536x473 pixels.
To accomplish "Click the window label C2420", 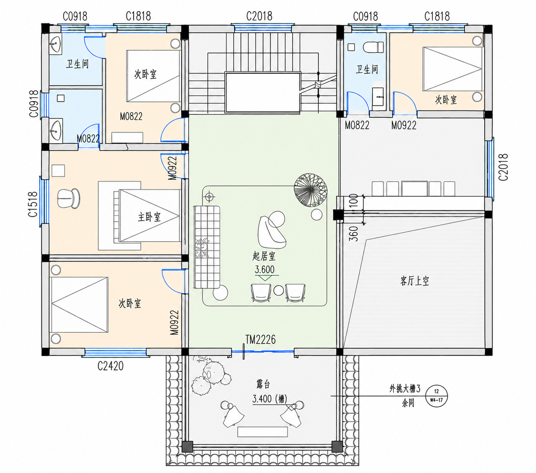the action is pyautogui.click(x=110, y=366).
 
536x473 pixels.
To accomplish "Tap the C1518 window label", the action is pyautogui.click(x=33, y=204).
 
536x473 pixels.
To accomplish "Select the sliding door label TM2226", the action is pyautogui.click(x=260, y=340).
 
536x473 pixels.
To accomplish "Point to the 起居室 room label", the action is pyautogui.click(x=264, y=256).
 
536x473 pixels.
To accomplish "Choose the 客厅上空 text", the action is pyautogui.click(x=415, y=281).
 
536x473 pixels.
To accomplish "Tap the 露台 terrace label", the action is pyautogui.click(x=263, y=384).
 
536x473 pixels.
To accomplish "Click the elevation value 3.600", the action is pyautogui.click(x=265, y=269).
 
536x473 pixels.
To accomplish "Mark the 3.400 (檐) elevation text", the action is pyautogui.click(x=270, y=399).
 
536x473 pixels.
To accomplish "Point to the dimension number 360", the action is pyautogui.click(x=353, y=234).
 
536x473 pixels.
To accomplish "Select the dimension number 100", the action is pyautogui.click(x=353, y=200).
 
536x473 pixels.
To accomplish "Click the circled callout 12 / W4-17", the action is pyautogui.click(x=436, y=396).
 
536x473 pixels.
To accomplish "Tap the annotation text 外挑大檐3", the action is pyautogui.click(x=405, y=389).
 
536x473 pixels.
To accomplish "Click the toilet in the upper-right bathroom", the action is pyautogui.click(x=373, y=47).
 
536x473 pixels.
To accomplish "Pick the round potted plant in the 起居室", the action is pyautogui.click(x=311, y=190).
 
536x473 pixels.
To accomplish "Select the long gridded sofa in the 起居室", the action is pyautogui.click(x=207, y=247).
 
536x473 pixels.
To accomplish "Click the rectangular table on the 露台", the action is pyautogui.click(x=263, y=432).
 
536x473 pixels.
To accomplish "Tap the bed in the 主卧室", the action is pyautogui.click(x=147, y=216).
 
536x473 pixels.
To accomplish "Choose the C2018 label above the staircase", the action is pyautogui.click(x=259, y=16).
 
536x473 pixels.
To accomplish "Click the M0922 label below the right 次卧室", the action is pyautogui.click(x=404, y=125).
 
